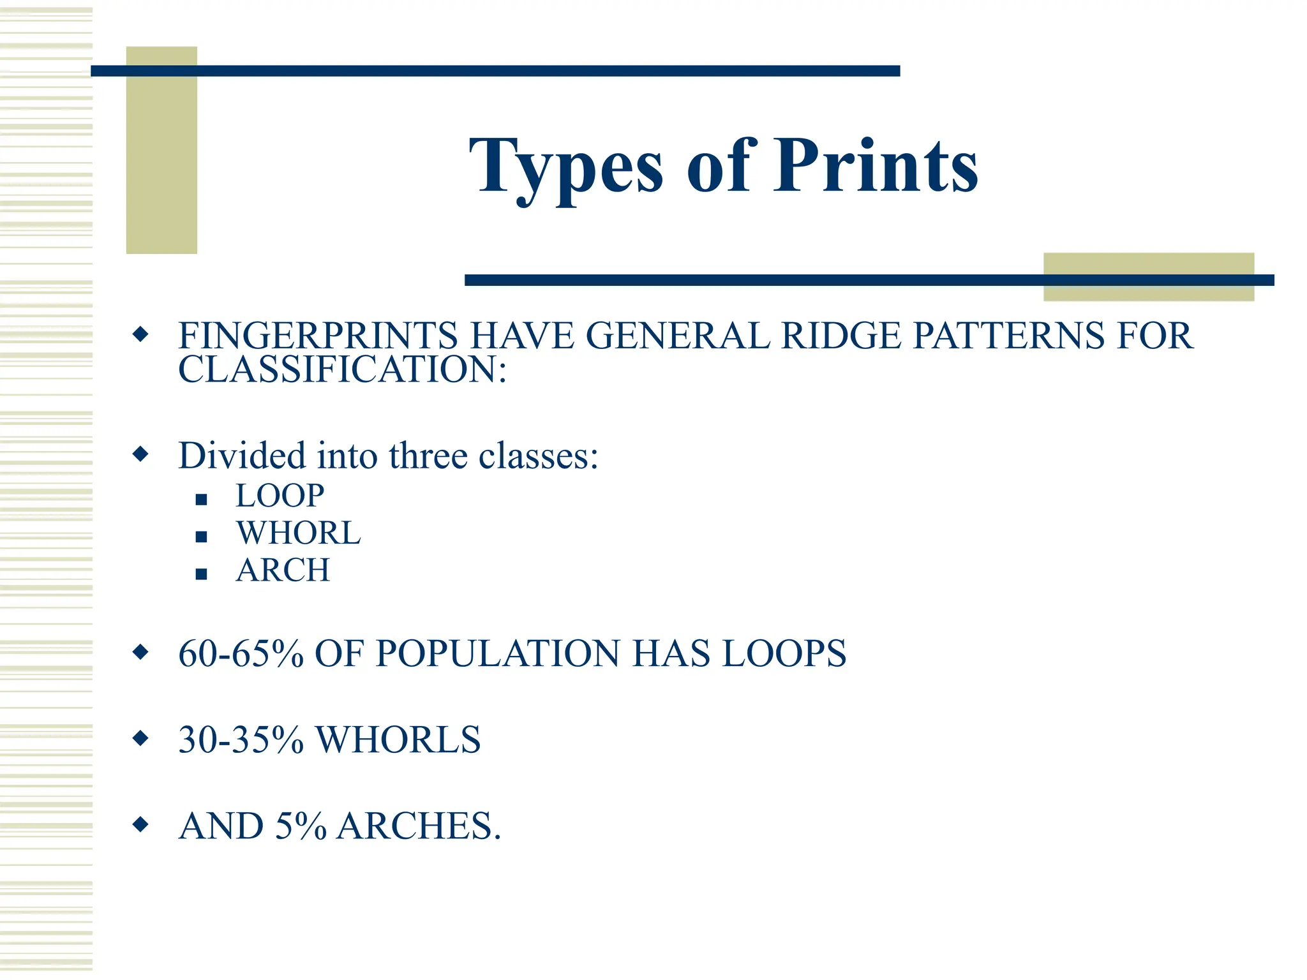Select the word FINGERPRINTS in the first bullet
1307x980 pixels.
(x=318, y=336)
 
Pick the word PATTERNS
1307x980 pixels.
(x=1009, y=336)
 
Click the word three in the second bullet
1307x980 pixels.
(x=428, y=456)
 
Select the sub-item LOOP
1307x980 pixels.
(x=280, y=496)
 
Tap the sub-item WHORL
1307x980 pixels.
(x=299, y=533)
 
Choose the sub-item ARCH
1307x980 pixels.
(x=283, y=570)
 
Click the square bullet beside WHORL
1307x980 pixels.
(x=202, y=537)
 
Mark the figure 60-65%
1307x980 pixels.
(x=241, y=654)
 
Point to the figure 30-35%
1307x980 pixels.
(x=241, y=740)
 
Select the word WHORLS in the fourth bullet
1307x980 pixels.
(x=398, y=740)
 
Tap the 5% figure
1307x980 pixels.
(x=301, y=826)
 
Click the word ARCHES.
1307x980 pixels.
(x=419, y=826)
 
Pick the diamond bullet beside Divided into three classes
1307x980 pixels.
(x=140, y=455)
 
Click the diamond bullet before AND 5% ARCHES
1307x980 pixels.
(x=140, y=824)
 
